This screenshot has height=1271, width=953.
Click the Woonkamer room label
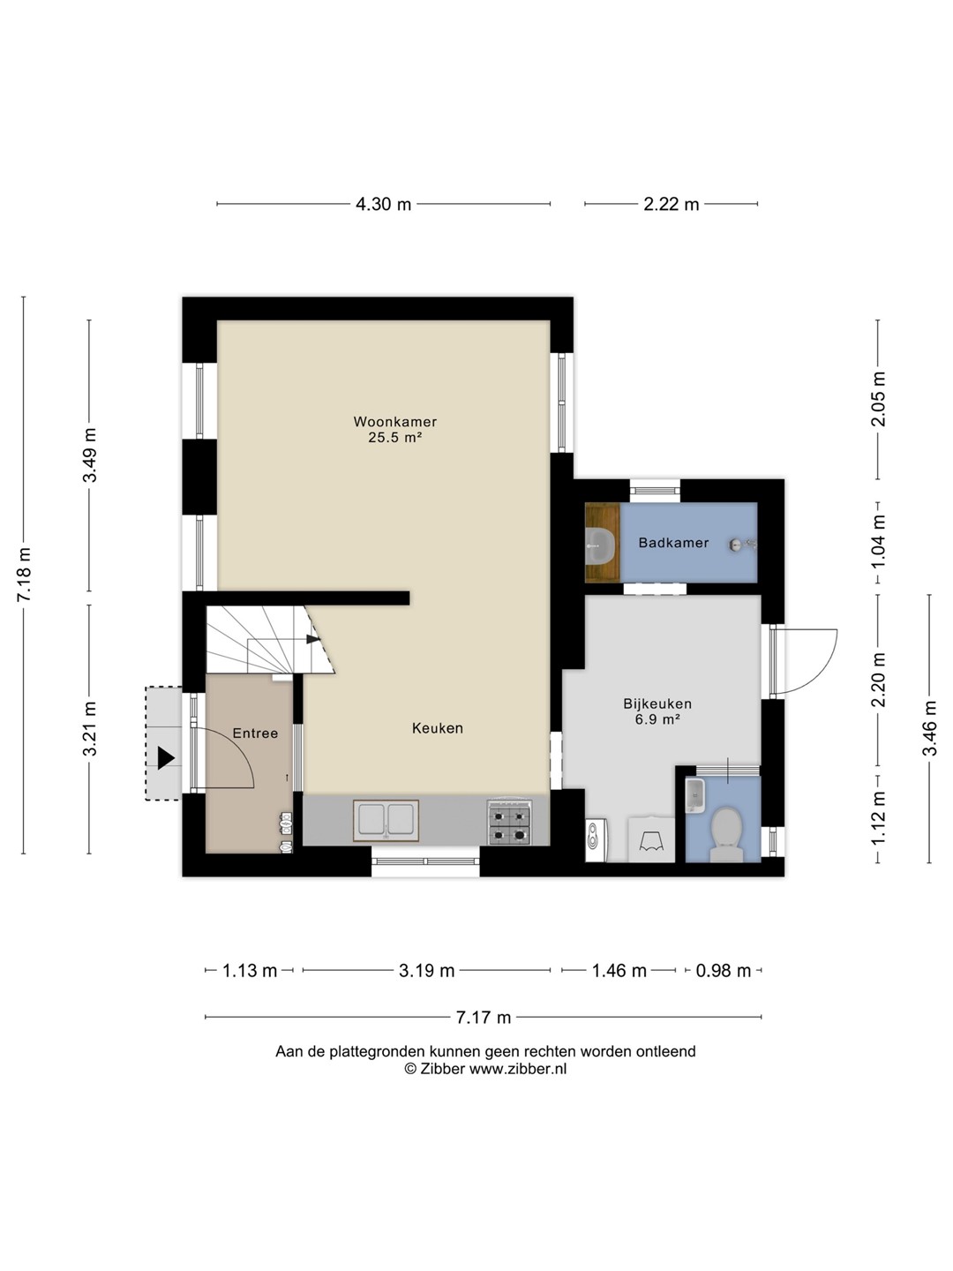tap(394, 421)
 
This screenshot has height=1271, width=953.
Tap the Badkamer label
tap(673, 543)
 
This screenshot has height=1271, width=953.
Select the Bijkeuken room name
tap(657, 703)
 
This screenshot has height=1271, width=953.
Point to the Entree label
tap(255, 733)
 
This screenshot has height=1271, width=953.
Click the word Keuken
tap(438, 728)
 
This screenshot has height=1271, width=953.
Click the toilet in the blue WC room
tap(726, 835)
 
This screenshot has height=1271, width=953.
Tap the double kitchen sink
tap(386, 821)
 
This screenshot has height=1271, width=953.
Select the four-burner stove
tap(510, 822)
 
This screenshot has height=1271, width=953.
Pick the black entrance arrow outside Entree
tap(166, 758)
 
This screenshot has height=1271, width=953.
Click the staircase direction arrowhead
tap(312, 639)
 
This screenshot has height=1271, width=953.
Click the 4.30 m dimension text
tap(383, 204)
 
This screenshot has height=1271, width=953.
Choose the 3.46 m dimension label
tap(929, 728)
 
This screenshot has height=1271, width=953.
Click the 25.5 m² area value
tap(394, 437)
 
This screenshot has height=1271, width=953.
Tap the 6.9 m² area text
tap(657, 719)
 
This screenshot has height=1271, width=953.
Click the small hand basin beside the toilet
tap(694, 795)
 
